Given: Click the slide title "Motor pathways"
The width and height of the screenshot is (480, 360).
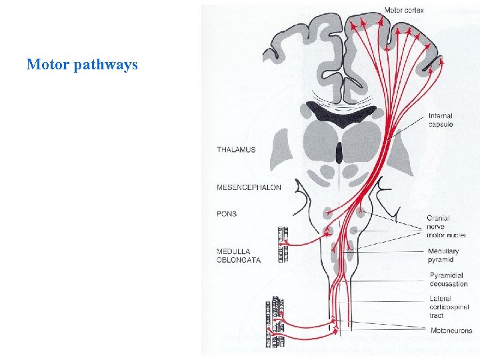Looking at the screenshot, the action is (x=82, y=65).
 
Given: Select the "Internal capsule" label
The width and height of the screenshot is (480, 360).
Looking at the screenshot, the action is (x=441, y=120).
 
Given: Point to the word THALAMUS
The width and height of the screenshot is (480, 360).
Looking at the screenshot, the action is (x=236, y=150).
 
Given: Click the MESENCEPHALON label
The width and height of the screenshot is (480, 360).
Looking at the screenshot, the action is (x=249, y=188).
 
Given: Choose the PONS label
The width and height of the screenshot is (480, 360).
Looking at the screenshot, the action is (x=227, y=214).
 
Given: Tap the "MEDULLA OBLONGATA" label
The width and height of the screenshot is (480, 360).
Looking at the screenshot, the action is (x=238, y=255).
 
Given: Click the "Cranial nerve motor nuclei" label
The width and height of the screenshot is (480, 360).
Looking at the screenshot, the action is (x=446, y=226).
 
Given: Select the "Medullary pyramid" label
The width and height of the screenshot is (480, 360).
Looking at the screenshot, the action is (x=443, y=255).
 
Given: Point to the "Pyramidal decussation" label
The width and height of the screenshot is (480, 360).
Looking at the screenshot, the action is (x=449, y=279).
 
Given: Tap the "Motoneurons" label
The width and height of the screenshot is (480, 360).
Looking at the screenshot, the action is (x=451, y=330).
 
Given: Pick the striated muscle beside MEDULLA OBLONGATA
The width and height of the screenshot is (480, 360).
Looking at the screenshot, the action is (x=283, y=244).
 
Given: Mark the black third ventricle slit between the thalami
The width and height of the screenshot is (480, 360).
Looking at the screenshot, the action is (x=339, y=153).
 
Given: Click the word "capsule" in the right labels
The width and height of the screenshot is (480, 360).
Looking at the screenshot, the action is (x=441, y=124).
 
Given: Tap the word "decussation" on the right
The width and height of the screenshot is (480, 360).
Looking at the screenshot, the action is (x=449, y=284).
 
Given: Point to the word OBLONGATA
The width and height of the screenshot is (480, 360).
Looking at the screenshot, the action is (x=238, y=260).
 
